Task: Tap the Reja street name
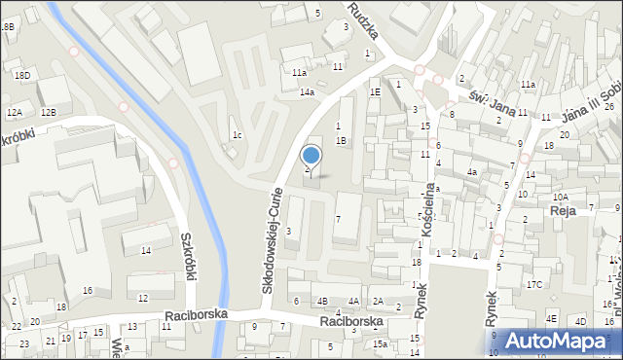563,210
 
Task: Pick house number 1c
237,134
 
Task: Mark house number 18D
21,75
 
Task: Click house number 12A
14,113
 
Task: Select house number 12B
49,113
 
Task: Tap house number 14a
307,92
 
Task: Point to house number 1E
375,91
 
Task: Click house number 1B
341,140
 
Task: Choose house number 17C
534,284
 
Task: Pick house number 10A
561,197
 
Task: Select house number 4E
551,319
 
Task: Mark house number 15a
381,343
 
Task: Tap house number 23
23,343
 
